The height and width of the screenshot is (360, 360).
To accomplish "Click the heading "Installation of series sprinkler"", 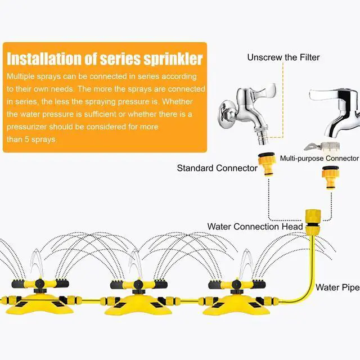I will pyautogui.click(x=105, y=58).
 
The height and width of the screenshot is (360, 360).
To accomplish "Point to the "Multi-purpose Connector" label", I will pyautogui.click(x=319, y=159).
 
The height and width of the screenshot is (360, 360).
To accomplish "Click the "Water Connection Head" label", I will pyautogui.click(x=255, y=227).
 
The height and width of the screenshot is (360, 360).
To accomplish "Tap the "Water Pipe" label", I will pyautogui.click(x=337, y=287).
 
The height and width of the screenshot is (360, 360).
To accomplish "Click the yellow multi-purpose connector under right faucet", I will pyautogui.click(x=330, y=179).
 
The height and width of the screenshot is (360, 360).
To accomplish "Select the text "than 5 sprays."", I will pyautogui.click(x=32, y=139).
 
